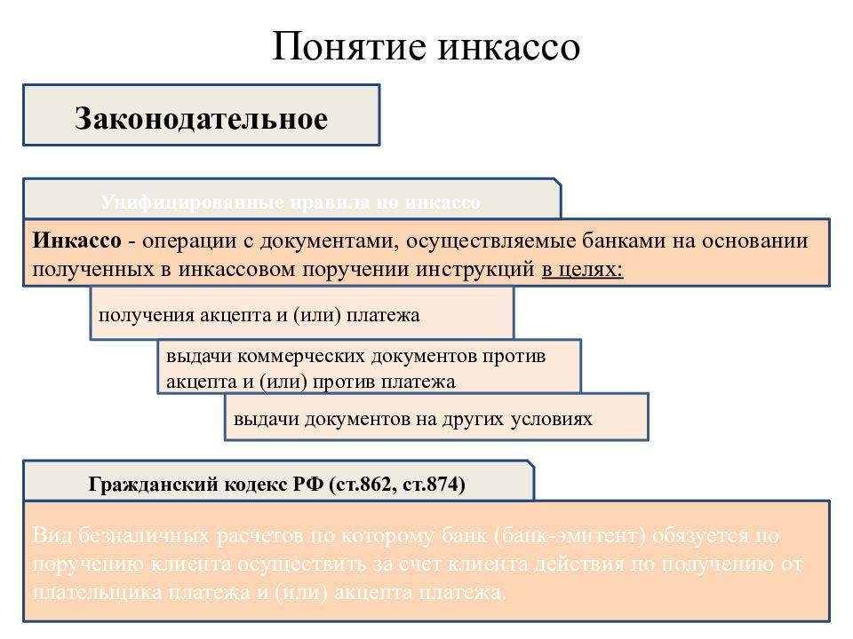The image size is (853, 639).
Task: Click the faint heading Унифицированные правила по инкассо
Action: [x=291, y=202]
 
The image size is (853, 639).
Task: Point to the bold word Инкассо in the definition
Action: [x=76, y=241]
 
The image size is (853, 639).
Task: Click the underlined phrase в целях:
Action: [x=582, y=269]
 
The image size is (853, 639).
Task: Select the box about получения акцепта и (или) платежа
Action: [x=301, y=314]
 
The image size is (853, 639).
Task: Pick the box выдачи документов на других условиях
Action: [x=436, y=418]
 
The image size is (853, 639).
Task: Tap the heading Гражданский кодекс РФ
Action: [x=206, y=485]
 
